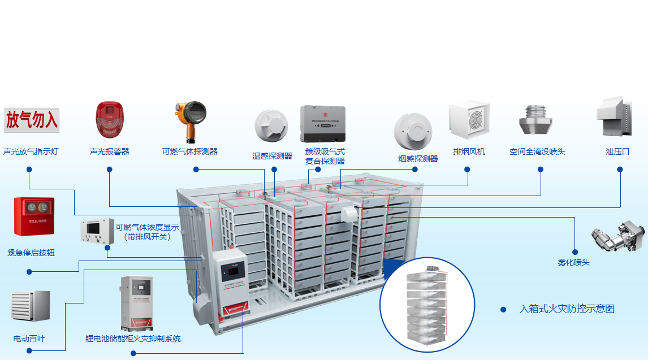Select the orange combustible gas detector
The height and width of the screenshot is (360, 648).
190,121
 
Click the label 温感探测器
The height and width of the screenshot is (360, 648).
272,156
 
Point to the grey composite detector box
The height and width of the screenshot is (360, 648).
322,124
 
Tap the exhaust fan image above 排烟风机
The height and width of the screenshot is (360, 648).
469,121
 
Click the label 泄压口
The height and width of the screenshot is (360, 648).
617,151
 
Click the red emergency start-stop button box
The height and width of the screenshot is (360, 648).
34,216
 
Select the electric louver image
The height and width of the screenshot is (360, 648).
31,306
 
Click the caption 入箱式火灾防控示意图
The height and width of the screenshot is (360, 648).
567,309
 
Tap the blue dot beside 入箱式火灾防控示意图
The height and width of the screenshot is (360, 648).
503,309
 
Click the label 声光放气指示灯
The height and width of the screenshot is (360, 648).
31,151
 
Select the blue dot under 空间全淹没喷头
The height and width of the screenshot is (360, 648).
541,169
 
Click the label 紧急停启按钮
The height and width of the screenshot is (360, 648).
31,253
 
